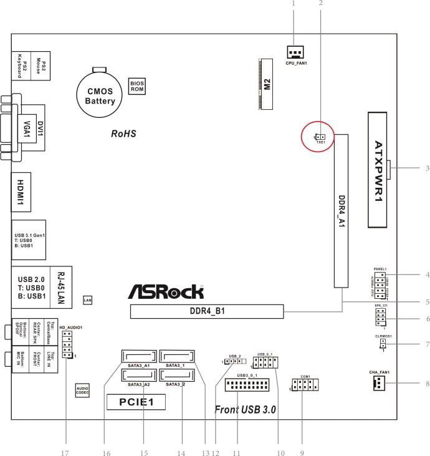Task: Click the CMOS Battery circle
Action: coord(100,95)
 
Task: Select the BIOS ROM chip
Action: coord(138,85)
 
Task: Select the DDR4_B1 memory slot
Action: coord(206,311)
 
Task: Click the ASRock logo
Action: coord(166,291)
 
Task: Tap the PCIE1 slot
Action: coord(135,402)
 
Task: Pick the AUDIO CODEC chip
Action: coord(83,391)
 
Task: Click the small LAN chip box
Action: coord(88,300)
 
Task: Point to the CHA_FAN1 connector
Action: coord(379,384)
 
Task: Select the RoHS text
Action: coord(123,133)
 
